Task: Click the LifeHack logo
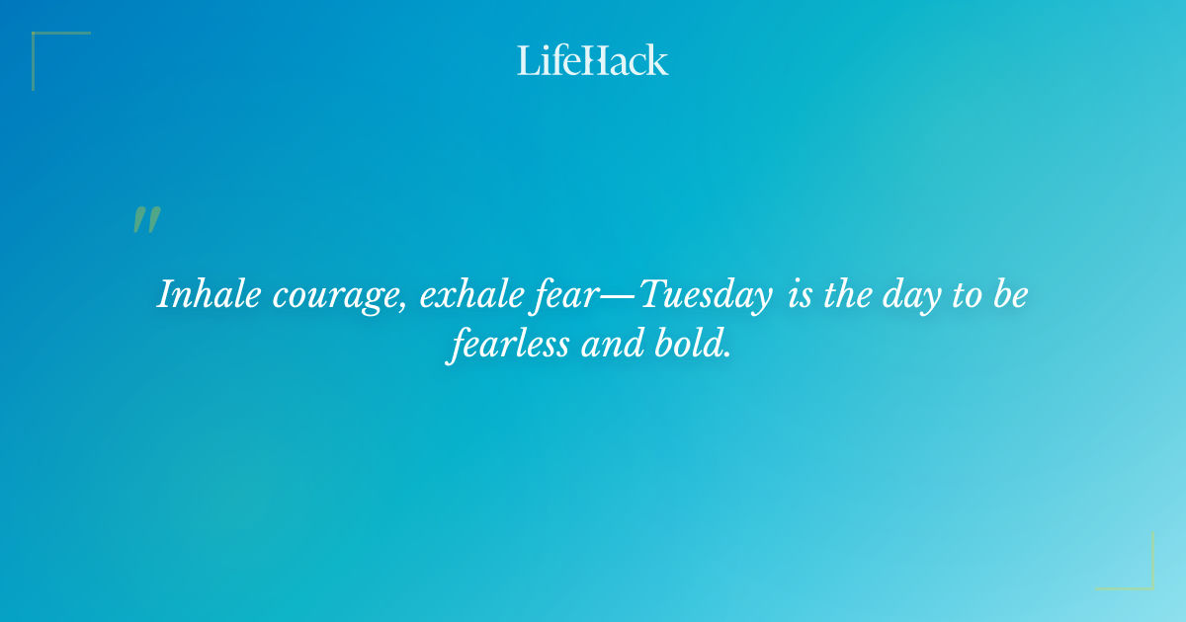(x=593, y=60)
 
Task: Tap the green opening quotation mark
(x=146, y=220)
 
